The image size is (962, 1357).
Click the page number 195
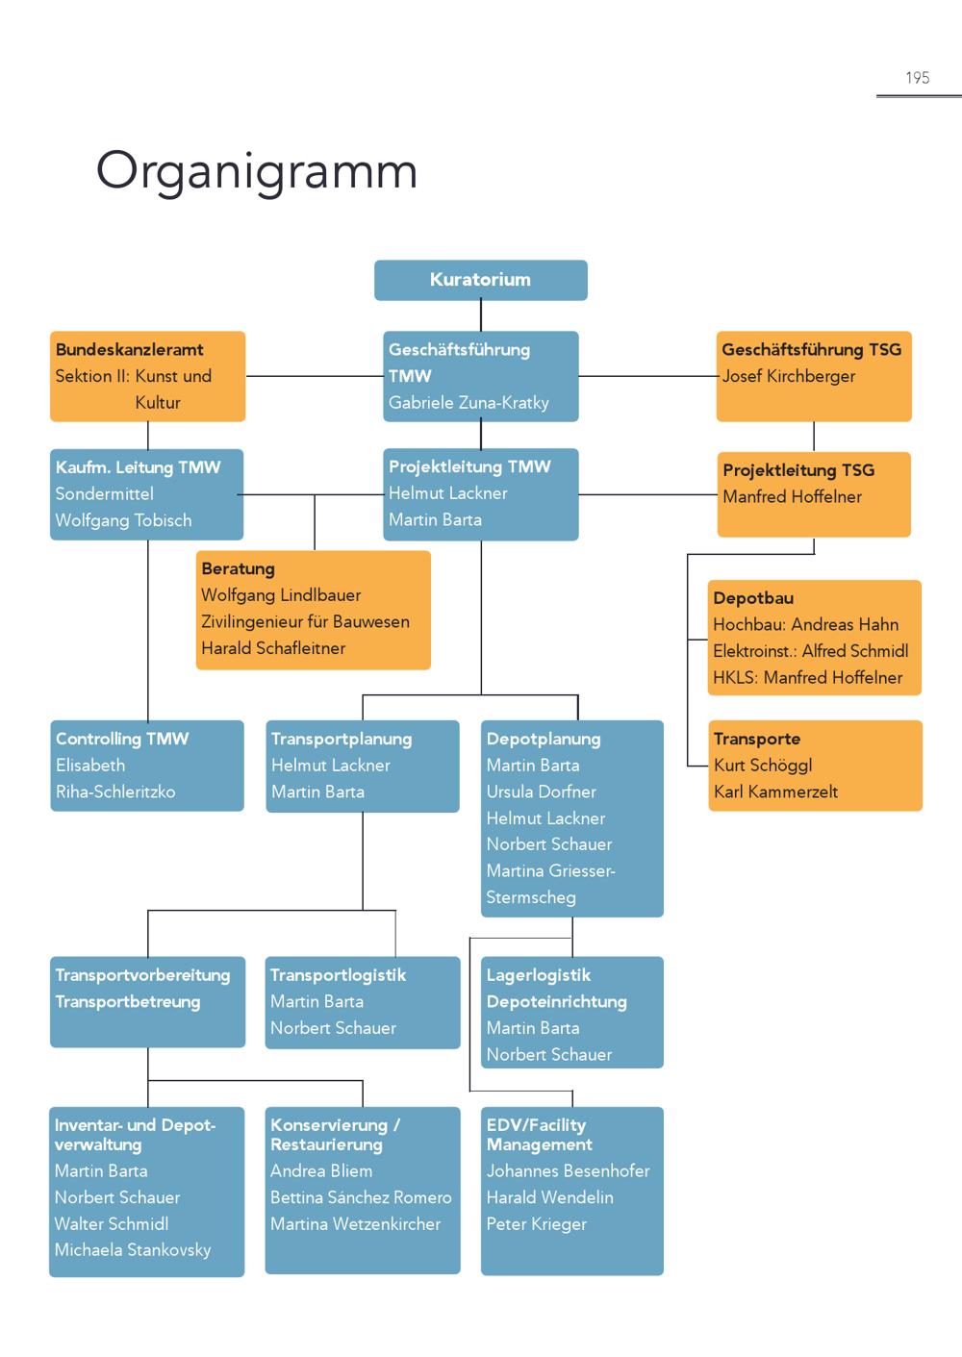point(917,78)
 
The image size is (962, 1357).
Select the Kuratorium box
point(480,280)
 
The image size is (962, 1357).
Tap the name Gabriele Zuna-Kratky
point(468,403)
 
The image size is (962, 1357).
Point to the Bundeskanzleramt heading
point(130,349)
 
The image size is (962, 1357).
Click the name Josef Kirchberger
point(788,376)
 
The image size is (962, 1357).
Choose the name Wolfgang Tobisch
point(123,520)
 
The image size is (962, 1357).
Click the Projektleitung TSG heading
point(798,470)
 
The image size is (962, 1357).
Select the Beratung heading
point(238,568)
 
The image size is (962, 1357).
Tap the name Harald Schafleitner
point(273,648)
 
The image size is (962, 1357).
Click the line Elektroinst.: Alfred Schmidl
point(811,651)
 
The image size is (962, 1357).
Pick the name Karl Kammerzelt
point(775,792)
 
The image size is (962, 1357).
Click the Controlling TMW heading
point(122,739)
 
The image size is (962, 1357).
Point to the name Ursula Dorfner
point(541,792)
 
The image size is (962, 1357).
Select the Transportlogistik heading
point(338,975)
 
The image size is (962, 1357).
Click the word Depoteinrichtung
point(556,1002)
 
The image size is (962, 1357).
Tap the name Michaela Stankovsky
point(133,1250)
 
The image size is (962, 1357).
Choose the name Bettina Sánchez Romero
point(361,1197)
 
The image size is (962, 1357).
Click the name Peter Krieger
point(536,1223)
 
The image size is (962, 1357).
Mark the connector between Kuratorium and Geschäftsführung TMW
point(481,315)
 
